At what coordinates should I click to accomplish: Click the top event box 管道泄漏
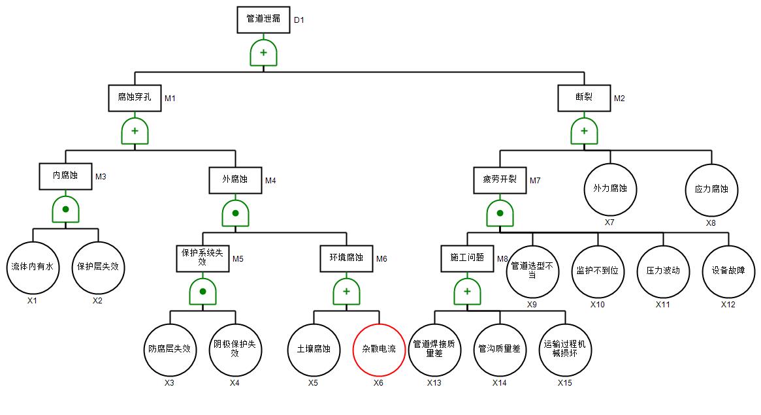coord(263,19)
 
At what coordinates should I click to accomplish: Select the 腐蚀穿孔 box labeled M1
coord(135,97)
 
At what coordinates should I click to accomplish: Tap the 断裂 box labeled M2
coord(584,97)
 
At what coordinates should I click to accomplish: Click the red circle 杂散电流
coord(379,349)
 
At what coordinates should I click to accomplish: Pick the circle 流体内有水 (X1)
coord(33,267)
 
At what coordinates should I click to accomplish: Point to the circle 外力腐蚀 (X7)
coord(609,189)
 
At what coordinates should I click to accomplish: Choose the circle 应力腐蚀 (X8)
coord(711,189)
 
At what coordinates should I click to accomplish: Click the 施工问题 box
coord(467,257)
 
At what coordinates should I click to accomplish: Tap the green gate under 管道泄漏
coord(263,53)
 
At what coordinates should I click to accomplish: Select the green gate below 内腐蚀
coord(65,209)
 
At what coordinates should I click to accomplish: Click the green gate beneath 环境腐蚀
coord(346,291)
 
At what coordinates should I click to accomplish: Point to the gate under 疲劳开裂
coord(500,213)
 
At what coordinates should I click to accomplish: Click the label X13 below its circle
coord(434,383)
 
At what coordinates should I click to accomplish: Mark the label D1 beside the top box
coord(299,20)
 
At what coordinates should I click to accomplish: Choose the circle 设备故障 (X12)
coord(728,270)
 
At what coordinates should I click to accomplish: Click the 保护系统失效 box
coord(202,258)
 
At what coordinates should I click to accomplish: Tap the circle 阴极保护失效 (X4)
coord(235,349)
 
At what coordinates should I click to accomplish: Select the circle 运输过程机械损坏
coord(565,349)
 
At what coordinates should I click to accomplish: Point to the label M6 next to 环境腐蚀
coord(381,259)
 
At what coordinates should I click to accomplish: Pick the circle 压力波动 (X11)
coord(663,270)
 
